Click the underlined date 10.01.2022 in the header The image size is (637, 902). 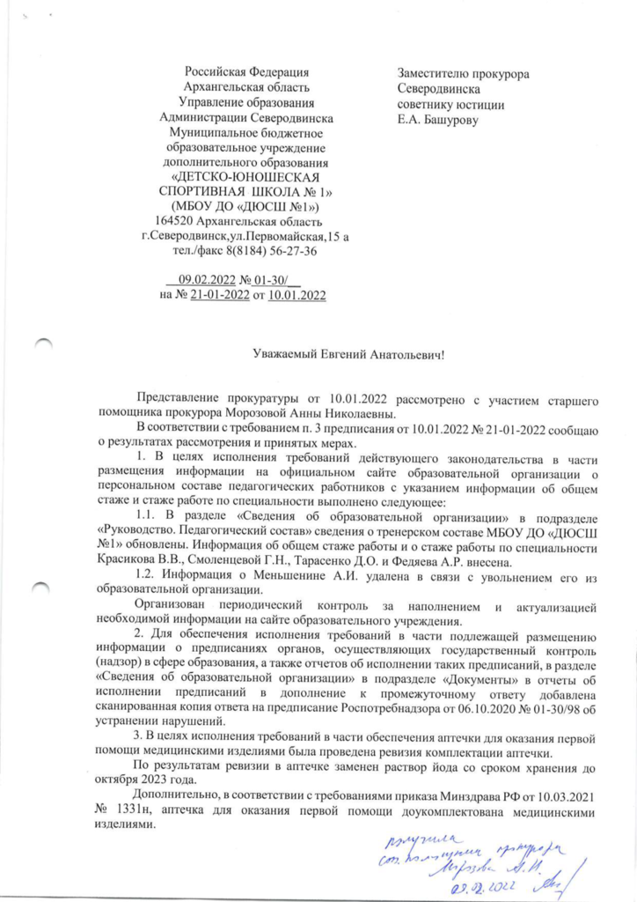297,295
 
